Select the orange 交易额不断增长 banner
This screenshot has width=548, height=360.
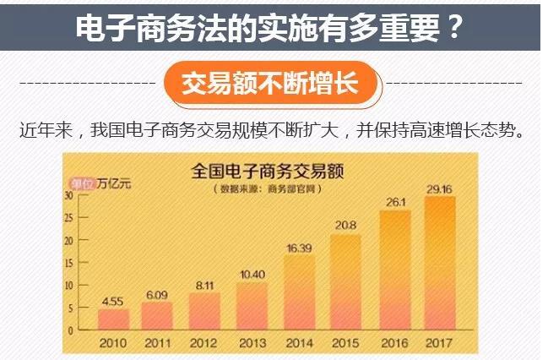[x=270, y=84]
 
